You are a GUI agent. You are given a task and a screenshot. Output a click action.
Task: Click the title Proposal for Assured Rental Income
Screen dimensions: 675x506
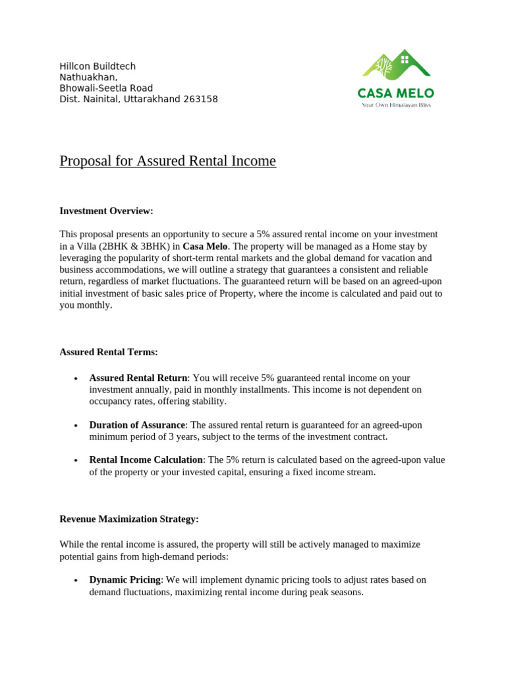pyautogui.click(x=167, y=161)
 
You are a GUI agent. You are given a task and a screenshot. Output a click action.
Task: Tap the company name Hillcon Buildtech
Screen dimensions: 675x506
pyautogui.click(x=98, y=67)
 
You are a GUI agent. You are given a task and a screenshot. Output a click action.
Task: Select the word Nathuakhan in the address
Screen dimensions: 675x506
pyautogui.click(x=88, y=77)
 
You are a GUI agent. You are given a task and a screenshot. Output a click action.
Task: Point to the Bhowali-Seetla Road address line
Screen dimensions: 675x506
pyautogui.click(x=106, y=88)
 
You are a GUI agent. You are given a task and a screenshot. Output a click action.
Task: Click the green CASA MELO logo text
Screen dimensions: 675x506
pyautogui.click(x=395, y=93)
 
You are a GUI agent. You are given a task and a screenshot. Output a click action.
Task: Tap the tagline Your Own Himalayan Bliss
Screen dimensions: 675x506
pyautogui.click(x=395, y=105)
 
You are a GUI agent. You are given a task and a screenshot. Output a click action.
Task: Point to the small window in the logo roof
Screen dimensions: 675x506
pyautogui.click(x=404, y=59)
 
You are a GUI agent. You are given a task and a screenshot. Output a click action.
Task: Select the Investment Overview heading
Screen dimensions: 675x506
pyautogui.click(x=106, y=211)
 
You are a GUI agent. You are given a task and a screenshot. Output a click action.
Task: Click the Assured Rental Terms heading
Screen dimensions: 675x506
pyautogui.click(x=109, y=352)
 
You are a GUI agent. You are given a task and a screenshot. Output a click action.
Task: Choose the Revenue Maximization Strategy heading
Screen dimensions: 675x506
pyautogui.click(x=129, y=519)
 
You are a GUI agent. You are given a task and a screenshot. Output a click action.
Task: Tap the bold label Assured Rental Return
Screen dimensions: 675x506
pyautogui.click(x=138, y=378)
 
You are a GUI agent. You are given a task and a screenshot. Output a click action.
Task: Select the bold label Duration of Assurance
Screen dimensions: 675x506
pyautogui.click(x=137, y=425)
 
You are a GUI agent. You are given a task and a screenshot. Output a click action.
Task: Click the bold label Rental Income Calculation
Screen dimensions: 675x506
pyautogui.click(x=146, y=459)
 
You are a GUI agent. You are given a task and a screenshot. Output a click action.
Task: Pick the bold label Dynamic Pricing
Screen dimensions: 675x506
pyautogui.click(x=125, y=580)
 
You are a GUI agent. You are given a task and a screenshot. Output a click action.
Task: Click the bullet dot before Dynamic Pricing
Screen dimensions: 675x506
pyautogui.click(x=76, y=581)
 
